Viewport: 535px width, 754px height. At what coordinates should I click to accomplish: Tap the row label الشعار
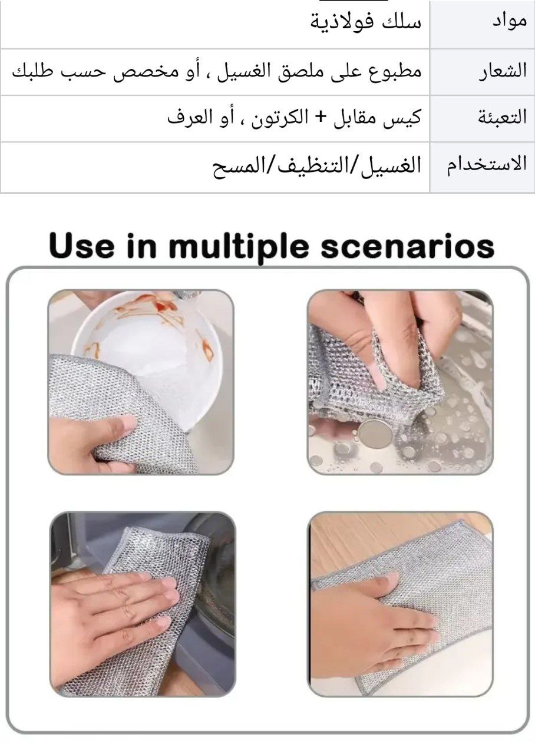pyautogui.click(x=503, y=71)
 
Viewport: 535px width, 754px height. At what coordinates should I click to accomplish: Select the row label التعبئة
pyautogui.click(x=502, y=117)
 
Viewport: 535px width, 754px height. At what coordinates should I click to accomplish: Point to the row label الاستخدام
pyautogui.click(x=487, y=164)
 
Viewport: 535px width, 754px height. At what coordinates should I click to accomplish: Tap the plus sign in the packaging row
pyautogui.click(x=322, y=117)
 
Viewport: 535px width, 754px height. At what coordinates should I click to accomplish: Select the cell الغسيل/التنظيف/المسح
pyautogui.click(x=316, y=166)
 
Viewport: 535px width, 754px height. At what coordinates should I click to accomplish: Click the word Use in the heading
pyautogui.click(x=81, y=246)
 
